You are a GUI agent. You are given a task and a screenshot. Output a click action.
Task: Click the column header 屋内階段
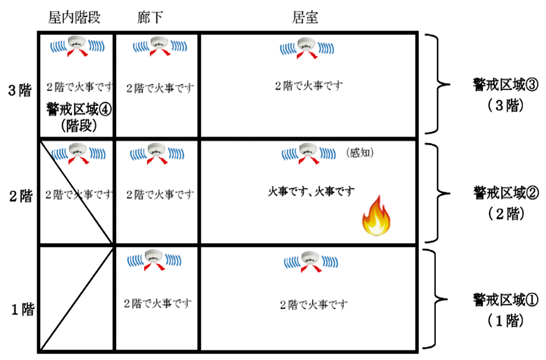click(74, 17)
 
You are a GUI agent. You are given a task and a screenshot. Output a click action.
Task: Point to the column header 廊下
click(150, 17)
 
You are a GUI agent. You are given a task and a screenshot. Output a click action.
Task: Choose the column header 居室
click(306, 17)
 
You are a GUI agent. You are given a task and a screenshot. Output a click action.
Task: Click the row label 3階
click(20, 90)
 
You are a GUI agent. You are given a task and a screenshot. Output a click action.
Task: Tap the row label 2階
click(20, 197)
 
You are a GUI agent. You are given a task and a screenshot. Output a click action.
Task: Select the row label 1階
click(20, 309)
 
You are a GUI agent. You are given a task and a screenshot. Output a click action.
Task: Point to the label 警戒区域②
click(498, 193)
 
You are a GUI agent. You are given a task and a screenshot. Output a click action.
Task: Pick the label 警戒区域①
click(498, 299)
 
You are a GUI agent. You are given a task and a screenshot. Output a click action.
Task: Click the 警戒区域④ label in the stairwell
click(79, 109)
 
